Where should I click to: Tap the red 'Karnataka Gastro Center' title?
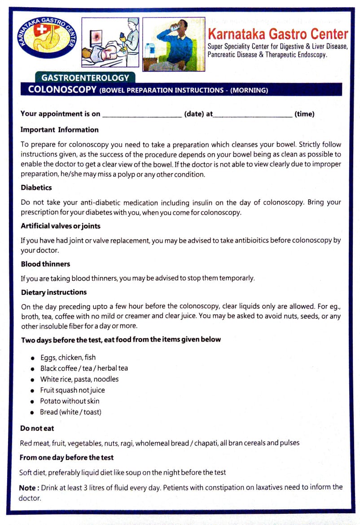pos(278,34)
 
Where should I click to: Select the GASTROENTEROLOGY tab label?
pos(85,78)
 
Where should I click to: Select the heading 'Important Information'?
pos(60,130)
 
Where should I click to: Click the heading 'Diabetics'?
pos(36,188)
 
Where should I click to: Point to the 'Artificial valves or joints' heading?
pos(61,226)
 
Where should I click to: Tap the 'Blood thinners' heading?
pos(45,264)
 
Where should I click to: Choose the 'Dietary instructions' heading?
pos(54,292)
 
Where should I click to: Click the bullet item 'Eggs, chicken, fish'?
pos(68,358)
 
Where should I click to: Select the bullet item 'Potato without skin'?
pos(70,401)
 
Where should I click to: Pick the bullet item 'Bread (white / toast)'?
pos(70,412)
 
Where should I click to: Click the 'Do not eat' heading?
pos(37,428)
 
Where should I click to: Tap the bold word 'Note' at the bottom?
pos(27,487)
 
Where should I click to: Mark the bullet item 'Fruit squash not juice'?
pos(73,390)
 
